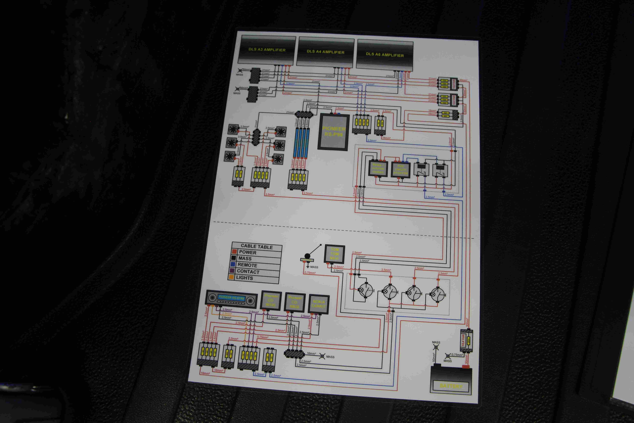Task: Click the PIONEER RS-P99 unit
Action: pyautogui.click(x=334, y=132)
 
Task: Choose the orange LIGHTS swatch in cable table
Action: pyautogui.click(x=231, y=277)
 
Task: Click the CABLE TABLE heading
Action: pyautogui.click(x=257, y=246)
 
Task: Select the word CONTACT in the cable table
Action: pyautogui.click(x=248, y=271)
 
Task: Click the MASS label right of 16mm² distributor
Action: pyautogui.click(x=330, y=357)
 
